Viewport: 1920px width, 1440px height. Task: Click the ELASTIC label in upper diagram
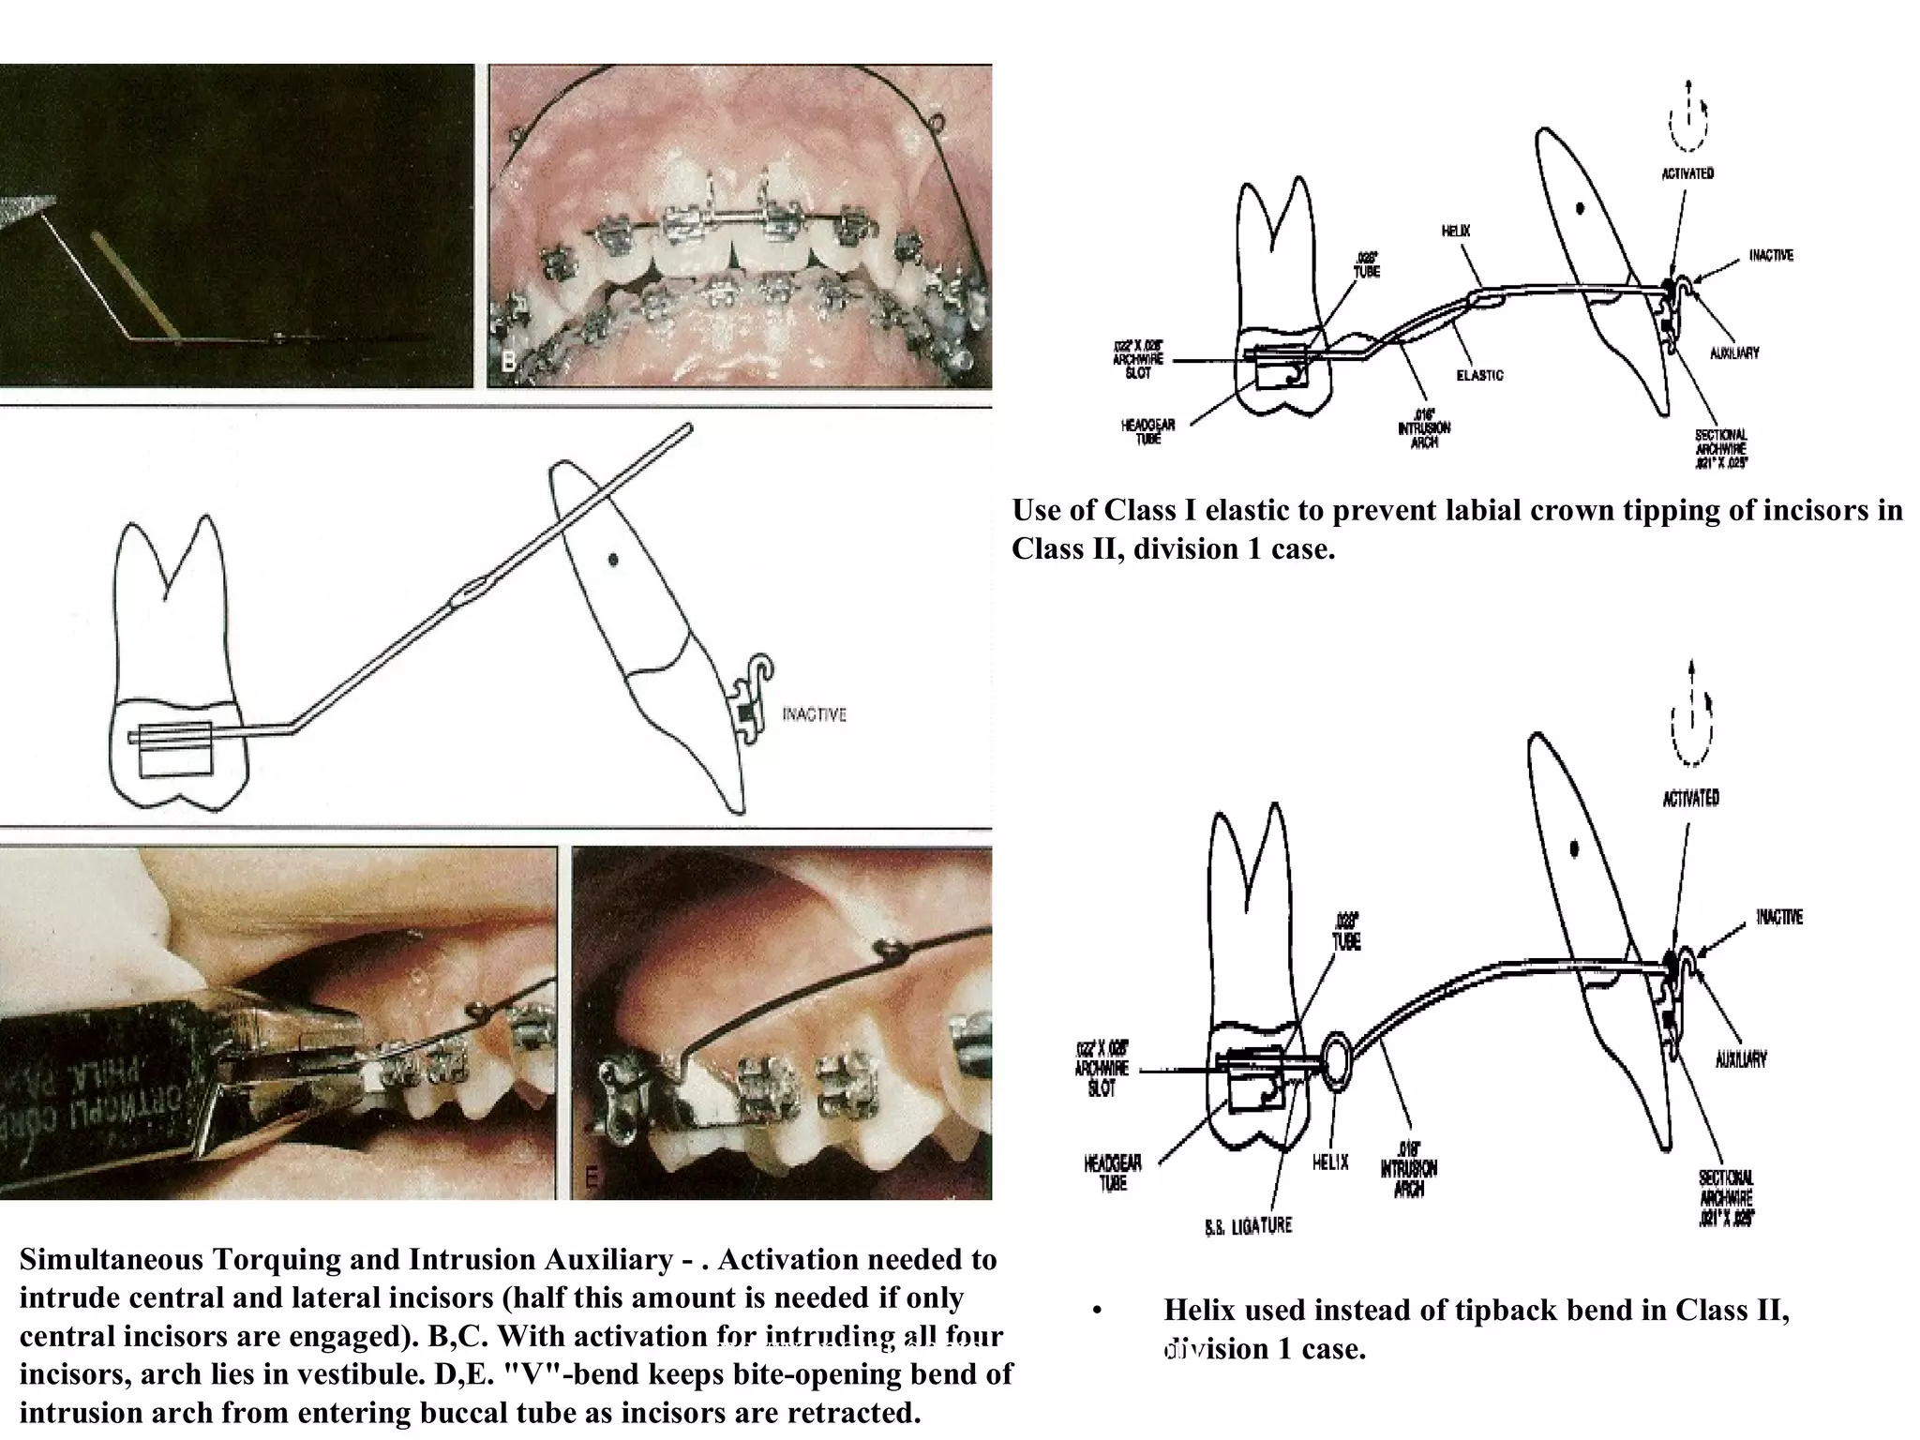point(1479,375)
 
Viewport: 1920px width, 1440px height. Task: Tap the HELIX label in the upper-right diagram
point(1455,231)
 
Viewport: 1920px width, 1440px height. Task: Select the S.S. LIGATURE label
point(1248,1225)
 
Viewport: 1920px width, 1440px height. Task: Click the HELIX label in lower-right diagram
point(1329,1162)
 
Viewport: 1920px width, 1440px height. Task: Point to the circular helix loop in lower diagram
point(1337,1061)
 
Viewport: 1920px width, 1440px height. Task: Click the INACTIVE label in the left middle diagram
point(814,714)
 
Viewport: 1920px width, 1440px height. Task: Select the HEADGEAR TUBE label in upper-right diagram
point(1147,431)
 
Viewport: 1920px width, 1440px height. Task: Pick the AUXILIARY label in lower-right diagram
point(1741,1059)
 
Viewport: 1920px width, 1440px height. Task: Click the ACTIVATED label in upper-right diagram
point(1687,173)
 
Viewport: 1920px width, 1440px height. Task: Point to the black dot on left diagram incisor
point(613,560)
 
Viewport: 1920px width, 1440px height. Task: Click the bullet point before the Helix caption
point(1097,1311)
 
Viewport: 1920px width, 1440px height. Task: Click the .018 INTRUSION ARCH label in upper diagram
point(1423,428)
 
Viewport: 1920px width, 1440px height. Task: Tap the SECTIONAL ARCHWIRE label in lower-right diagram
point(1725,1197)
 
